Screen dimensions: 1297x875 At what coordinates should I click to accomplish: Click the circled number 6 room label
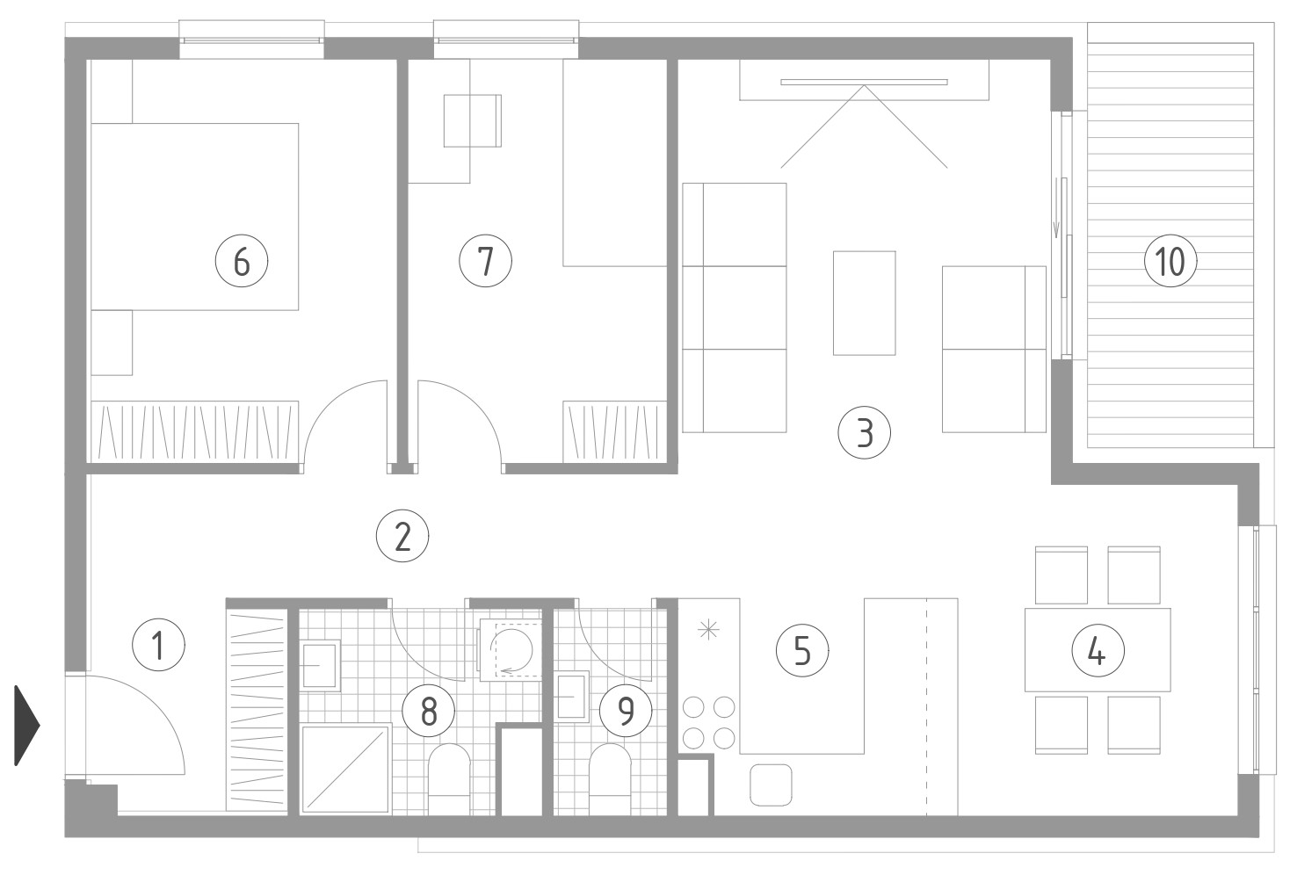click(242, 262)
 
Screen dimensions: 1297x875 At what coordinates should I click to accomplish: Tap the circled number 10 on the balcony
click(1170, 262)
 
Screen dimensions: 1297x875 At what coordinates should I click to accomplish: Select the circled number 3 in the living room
click(864, 433)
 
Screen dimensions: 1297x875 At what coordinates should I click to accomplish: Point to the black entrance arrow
click(26, 726)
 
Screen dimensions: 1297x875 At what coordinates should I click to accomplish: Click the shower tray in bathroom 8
click(346, 769)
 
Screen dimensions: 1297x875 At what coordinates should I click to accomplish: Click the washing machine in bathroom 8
click(511, 650)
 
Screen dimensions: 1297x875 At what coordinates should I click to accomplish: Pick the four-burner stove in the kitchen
click(709, 723)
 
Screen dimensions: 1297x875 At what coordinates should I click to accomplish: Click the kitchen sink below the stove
click(771, 785)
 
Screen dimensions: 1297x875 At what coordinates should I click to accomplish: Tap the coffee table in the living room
click(864, 303)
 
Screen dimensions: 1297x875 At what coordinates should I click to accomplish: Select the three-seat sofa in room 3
click(735, 307)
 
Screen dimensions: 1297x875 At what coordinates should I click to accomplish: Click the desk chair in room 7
click(473, 120)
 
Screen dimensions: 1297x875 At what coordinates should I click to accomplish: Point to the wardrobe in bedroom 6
click(194, 431)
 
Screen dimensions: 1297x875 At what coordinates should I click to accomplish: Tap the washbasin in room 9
click(571, 697)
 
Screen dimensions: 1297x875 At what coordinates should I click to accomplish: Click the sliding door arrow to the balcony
click(1056, 208)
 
